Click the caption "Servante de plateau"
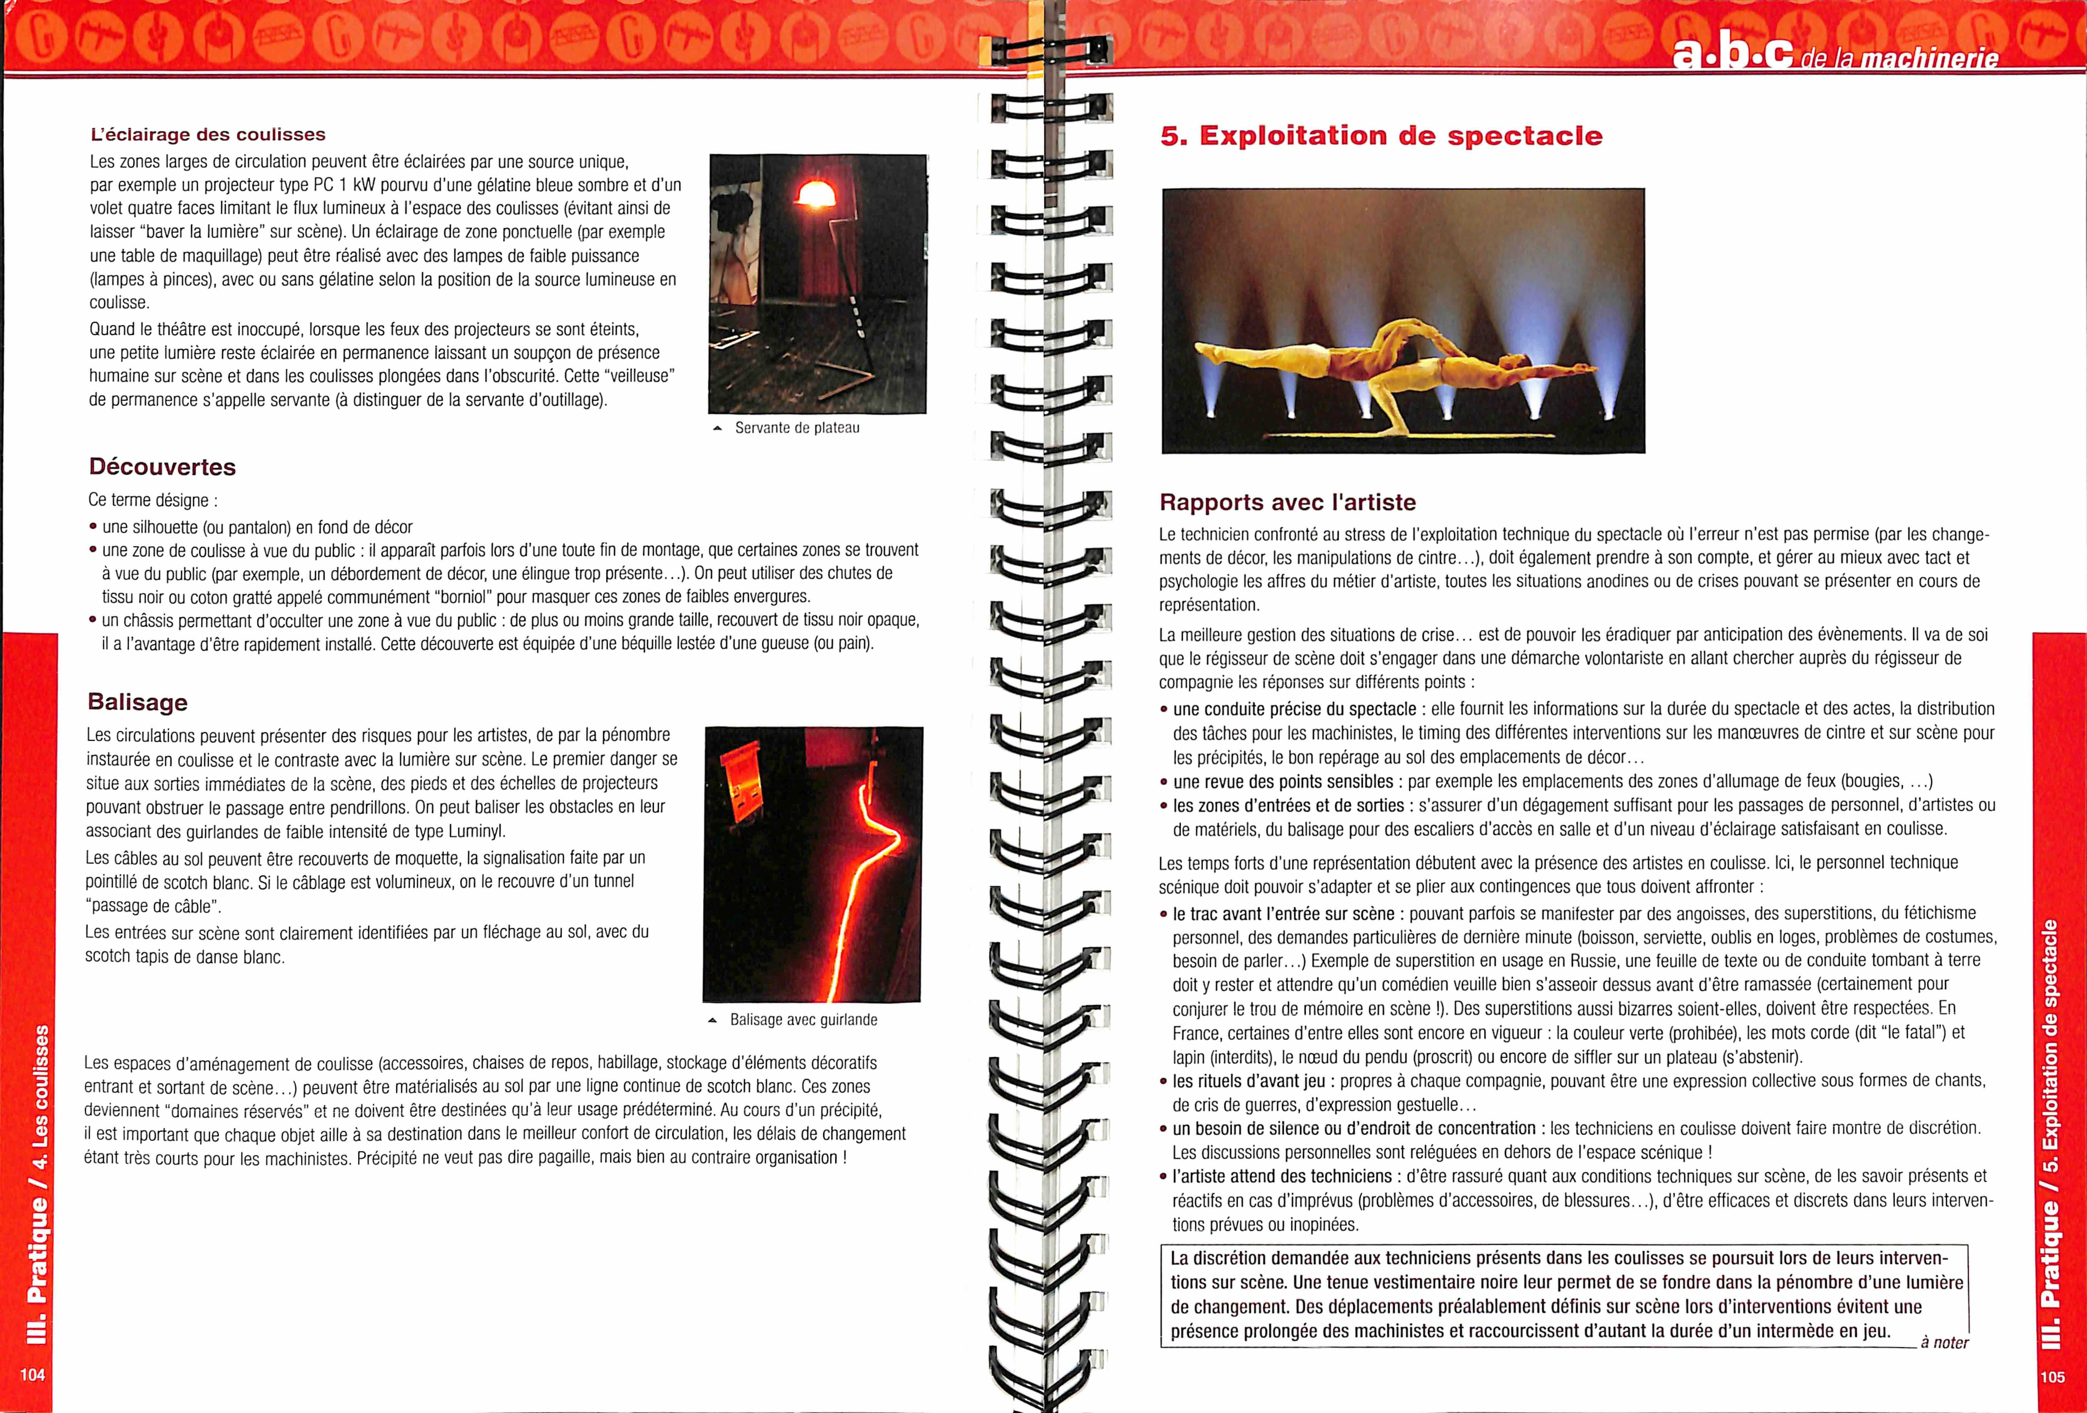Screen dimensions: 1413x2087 (797, 428)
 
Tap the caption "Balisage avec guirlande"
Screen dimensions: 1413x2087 (803, 1020)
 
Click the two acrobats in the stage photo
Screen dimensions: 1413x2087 (1401, 368)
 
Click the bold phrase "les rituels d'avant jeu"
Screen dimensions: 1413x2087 (1248, 1081)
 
